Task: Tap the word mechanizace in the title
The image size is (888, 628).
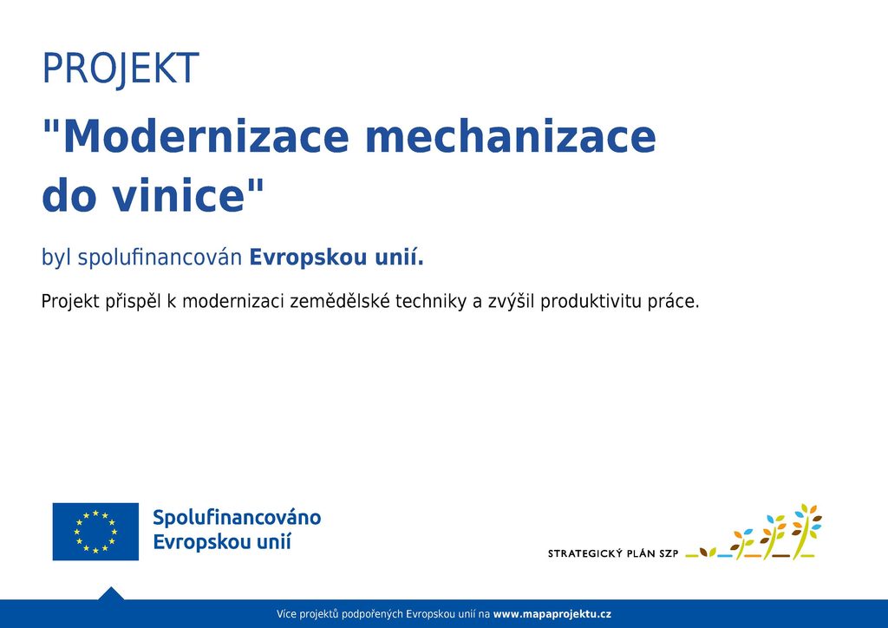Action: click(x=511, y=136)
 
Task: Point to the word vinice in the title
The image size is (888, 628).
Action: click(x=178, y=195)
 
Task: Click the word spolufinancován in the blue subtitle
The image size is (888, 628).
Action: click(x=160, y=258)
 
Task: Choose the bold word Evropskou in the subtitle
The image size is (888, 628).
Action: click(x=308, y=258)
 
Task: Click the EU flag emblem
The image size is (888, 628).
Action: click(x=95, y=532)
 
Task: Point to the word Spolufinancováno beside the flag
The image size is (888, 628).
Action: click(x=237, y=518)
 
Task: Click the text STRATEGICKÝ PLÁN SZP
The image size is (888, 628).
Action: click(x=613, y=553)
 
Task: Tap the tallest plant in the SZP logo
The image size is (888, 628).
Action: click(x=806, y=530)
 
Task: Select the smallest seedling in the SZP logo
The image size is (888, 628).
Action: click(x=708, y=553)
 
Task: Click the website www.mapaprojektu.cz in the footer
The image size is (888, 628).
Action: click(x=552, y=614)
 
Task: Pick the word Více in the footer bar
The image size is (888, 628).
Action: click(x=286, y=614)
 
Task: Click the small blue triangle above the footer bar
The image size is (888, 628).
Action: click(x=111, y=593)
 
